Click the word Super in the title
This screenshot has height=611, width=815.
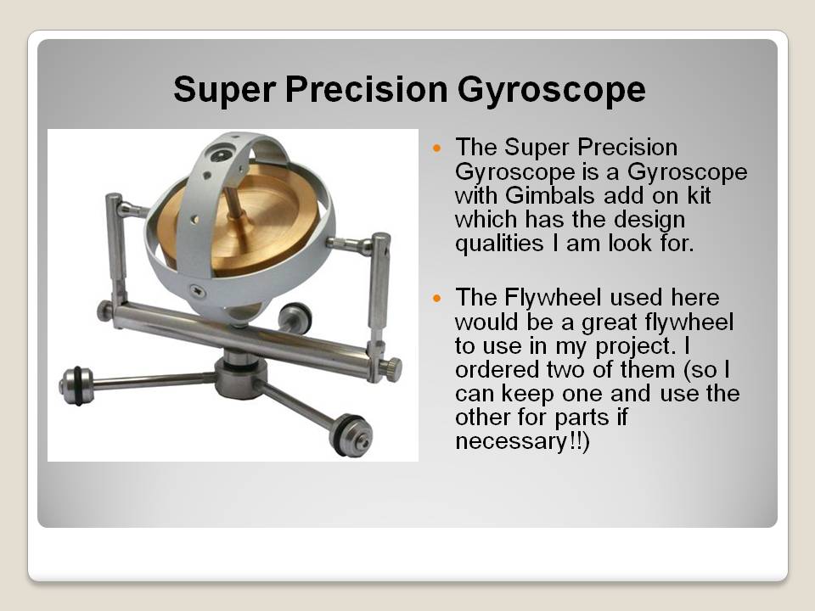(224, 89)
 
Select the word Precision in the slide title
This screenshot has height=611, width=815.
(366, 89)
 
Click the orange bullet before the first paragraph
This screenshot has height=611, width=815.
(436, 149)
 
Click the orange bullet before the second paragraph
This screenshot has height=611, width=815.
(436, 299)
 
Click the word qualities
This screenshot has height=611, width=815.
(499, 244)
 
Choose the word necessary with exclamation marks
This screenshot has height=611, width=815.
(522, 442)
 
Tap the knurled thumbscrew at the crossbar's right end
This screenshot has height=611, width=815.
(392, 369)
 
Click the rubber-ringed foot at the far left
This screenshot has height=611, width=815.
(77, 385)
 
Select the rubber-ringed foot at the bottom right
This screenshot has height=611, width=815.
(351, 435)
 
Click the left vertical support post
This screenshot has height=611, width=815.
(116, 249)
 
